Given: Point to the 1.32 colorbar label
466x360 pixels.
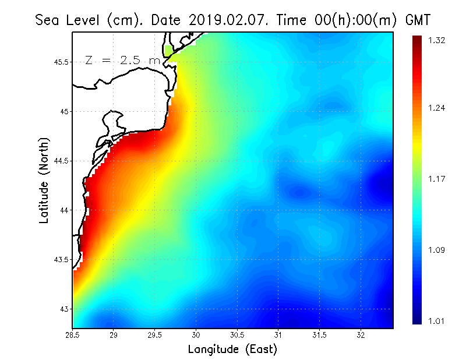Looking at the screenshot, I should point(436,40).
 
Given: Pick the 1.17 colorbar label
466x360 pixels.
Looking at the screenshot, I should point(436,179).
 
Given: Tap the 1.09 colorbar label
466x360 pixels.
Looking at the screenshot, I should point(436,250).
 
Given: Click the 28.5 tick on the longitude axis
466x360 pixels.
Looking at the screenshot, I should point(73,335).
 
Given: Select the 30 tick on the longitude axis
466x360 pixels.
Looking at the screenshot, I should point(196,335).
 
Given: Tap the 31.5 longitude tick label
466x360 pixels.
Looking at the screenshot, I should point(320,335).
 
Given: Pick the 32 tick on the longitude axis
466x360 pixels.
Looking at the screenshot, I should point(361,335).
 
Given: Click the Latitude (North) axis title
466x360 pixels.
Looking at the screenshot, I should point(44,180).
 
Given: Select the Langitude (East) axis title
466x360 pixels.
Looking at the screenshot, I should point(232,350).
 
